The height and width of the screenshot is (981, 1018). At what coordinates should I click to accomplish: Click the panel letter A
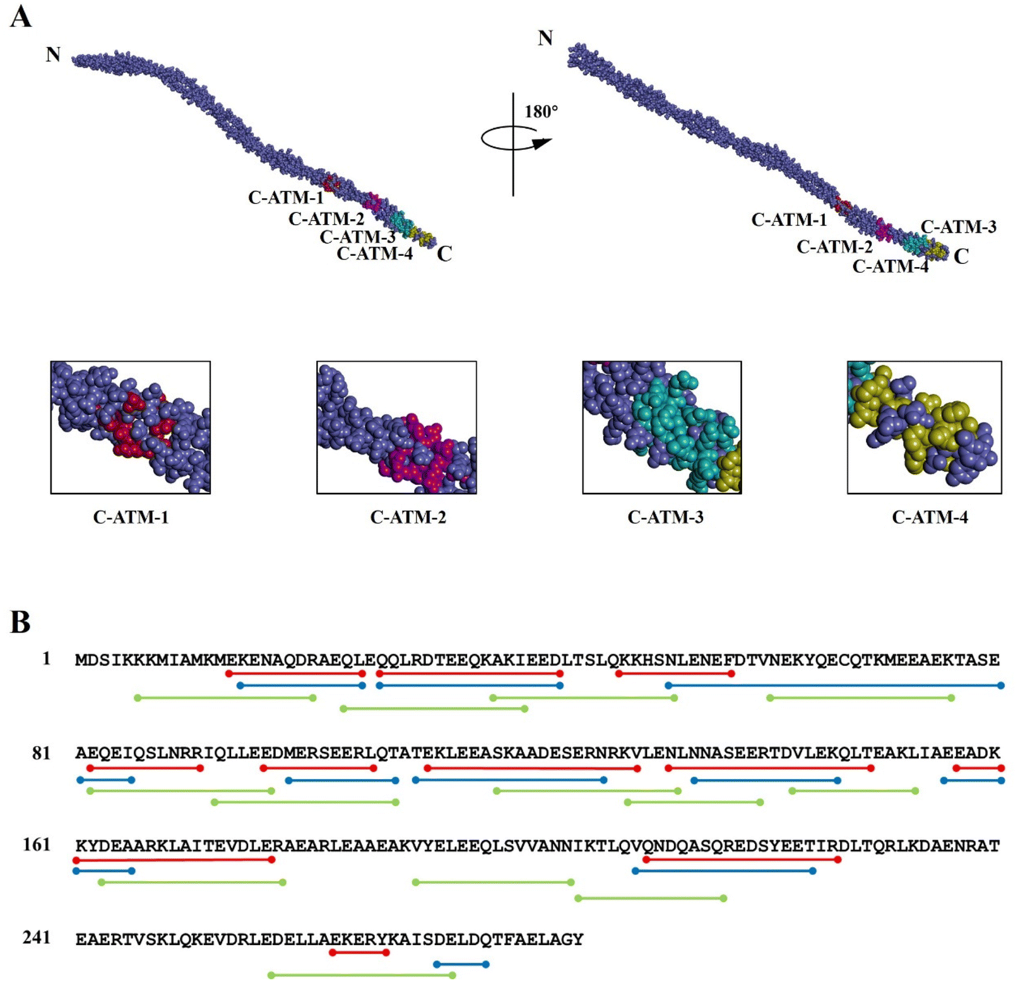(21, 16)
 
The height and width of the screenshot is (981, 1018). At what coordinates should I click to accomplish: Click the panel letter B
(20, 622)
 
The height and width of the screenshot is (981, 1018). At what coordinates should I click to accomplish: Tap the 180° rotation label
(541, 112)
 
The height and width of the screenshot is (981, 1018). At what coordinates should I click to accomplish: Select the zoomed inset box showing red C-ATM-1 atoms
(130, 427)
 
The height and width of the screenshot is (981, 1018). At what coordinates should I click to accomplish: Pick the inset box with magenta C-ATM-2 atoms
(396, 427)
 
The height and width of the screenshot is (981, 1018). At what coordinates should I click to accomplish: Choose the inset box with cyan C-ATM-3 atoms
(661, 427)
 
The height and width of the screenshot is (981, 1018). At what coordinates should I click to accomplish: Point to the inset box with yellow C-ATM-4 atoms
(924, 427)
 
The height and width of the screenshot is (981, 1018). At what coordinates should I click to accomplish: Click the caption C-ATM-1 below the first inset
(131, 518)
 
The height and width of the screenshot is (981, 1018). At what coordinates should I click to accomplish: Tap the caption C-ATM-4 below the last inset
(930, 518)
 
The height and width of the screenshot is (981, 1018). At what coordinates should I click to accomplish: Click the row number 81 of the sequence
(41, 753)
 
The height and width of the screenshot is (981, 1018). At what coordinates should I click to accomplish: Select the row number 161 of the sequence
(37, 845)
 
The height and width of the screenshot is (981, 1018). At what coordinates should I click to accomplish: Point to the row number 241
(37, 937)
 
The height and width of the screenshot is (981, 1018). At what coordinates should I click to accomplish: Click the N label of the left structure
(53, 55)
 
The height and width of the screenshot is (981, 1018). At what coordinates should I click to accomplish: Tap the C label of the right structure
(961, 256)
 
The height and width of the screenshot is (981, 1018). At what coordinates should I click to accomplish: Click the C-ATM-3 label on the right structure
(958, 227)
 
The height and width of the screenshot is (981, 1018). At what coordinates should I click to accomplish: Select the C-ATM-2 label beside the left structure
(326, 219)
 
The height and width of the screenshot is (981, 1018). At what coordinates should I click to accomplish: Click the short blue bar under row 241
(461, 964)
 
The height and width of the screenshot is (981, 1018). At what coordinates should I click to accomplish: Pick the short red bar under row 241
(359, 953)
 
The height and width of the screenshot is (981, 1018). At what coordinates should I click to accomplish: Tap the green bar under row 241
(362, 975)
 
